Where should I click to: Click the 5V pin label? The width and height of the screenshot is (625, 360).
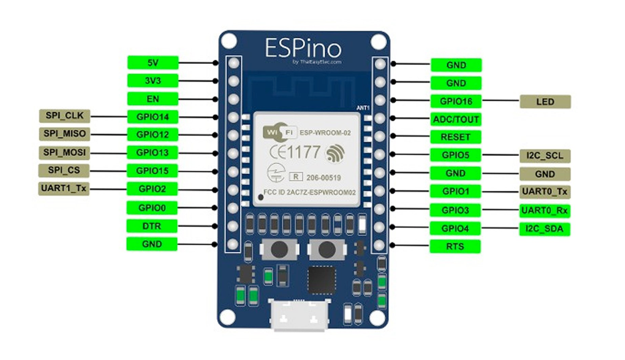152,62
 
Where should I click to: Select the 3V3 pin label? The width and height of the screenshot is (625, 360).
152,81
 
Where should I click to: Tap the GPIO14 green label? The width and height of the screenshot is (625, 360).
152,116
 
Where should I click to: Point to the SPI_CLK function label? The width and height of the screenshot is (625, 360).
64,115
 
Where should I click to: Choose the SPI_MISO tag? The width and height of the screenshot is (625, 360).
64,134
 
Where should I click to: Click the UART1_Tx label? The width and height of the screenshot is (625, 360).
64,188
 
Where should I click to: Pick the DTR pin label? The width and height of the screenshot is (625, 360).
152,226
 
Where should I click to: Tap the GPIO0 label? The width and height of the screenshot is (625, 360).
152,207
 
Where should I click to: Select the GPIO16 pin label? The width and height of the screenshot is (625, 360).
456,101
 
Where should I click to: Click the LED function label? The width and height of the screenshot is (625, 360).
545,101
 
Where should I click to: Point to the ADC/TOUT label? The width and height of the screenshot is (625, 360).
456,119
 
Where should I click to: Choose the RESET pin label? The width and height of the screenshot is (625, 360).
456,137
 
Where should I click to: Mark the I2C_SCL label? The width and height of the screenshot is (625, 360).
545,155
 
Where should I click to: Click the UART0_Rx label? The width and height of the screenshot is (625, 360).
545,210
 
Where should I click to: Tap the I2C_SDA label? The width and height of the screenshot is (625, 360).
545,229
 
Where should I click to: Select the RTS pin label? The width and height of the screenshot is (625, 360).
456,247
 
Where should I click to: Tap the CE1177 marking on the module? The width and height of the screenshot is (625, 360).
294,152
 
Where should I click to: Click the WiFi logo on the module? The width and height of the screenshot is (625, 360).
277,132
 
